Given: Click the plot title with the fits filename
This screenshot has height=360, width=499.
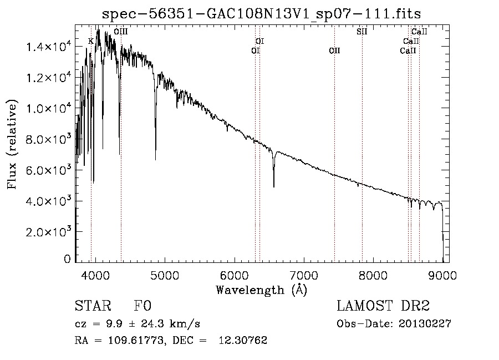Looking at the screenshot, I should click(x=262, y=14).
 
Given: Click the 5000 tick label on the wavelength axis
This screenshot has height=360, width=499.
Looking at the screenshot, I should click(x=164, y=274).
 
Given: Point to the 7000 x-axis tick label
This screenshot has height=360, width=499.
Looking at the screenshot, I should click(x=304, y=274).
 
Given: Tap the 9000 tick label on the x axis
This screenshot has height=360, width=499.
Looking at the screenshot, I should click(x=443, y=274).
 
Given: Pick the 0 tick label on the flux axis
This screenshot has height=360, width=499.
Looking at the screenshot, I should click(x=67, y=259).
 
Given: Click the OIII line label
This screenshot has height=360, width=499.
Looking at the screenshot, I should click(x=120, y=32).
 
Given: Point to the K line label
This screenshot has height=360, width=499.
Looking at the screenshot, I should click(x=91, y=42).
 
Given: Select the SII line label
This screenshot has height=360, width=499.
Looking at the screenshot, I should click(x=361, y=32).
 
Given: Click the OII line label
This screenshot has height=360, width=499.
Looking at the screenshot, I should click(x=334, y=51).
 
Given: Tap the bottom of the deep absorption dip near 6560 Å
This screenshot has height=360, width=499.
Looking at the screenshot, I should click(x=273, y=187).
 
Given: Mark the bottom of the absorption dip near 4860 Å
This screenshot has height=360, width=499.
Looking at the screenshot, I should click(x=155, y=159).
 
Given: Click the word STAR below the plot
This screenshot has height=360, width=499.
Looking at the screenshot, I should click(x=92, y=306).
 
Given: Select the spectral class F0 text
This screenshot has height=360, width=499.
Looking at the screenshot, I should click(x=142, y=306).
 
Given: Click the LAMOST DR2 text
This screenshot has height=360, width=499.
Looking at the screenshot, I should click(x=383, y=306).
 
